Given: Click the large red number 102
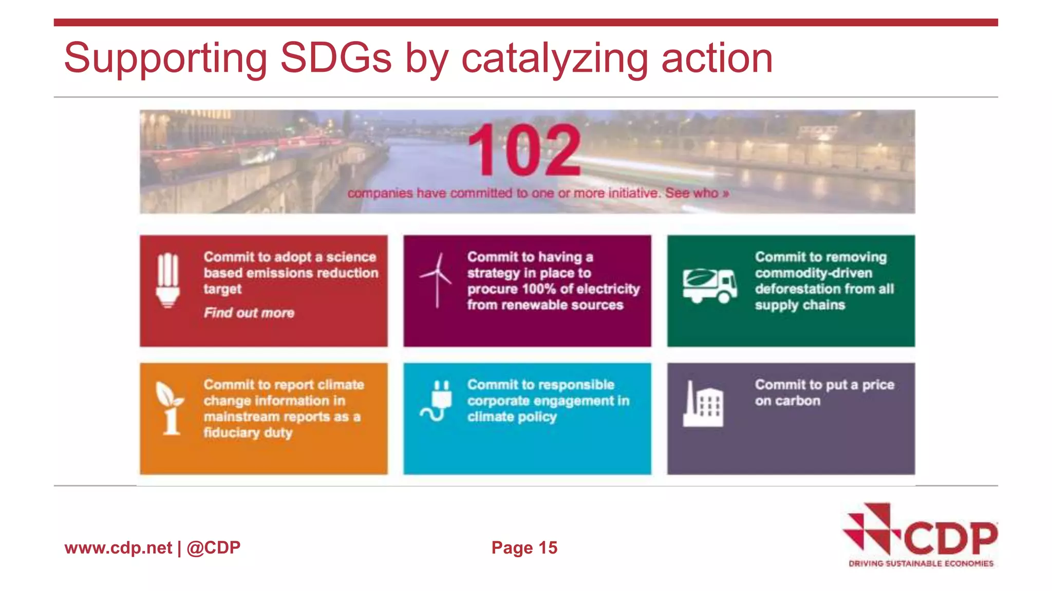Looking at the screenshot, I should pos(524,150).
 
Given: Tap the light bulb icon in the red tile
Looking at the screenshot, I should pos(168,280).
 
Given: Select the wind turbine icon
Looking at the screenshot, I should pos(437,280).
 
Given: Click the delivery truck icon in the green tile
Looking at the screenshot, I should pos(710,286).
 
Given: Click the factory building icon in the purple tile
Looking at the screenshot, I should pos(703,405).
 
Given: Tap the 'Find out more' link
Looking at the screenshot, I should pos(249,313).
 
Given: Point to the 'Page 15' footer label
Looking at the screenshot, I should pos(524,548).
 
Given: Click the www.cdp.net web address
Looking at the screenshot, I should pos(118,548).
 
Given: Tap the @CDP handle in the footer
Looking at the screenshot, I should pos(214,548).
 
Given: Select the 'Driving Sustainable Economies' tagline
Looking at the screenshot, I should pos(921,564).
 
